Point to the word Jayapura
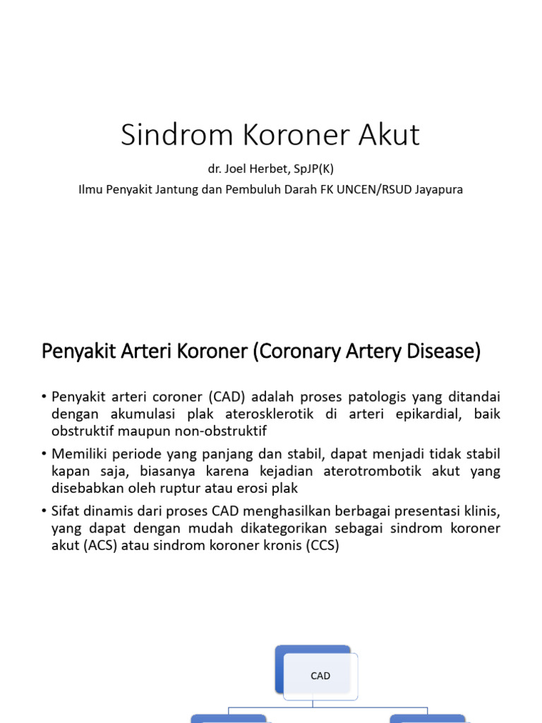pyautogui.click(x=439, y=189)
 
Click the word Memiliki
pyautogui.click(x=79, y=453)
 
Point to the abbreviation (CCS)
pyautogui.click(x=322, y=546)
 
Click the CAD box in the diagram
pyautogui.click(x=320, y=676)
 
